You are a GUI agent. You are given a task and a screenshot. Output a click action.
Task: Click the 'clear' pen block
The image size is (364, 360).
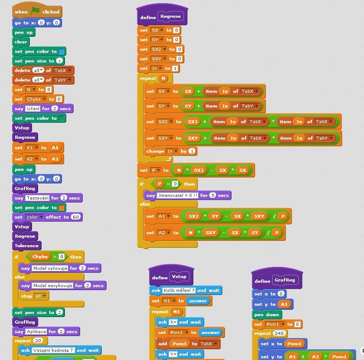click(21, 41)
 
